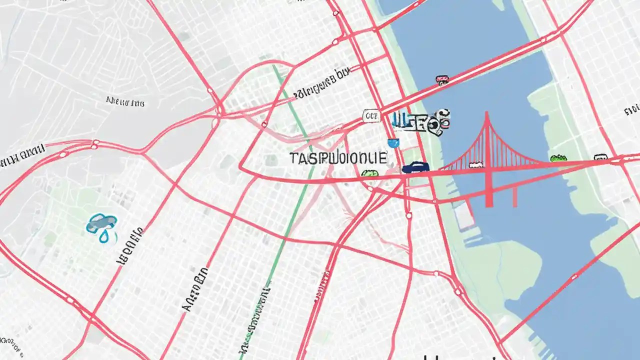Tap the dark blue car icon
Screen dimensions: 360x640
tap(415, 167)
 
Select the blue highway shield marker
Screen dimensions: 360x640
tap(394, 143)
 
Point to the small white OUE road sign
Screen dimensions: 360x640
tap(371, 116)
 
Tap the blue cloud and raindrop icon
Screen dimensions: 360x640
tap(102, 226)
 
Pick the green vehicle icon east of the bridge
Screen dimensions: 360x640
tap(558, 158)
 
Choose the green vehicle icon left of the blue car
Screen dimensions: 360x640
tap(369, 174)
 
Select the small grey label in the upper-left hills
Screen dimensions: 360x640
tap(125, 102)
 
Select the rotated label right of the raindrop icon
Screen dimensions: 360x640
tap(129, 246)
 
